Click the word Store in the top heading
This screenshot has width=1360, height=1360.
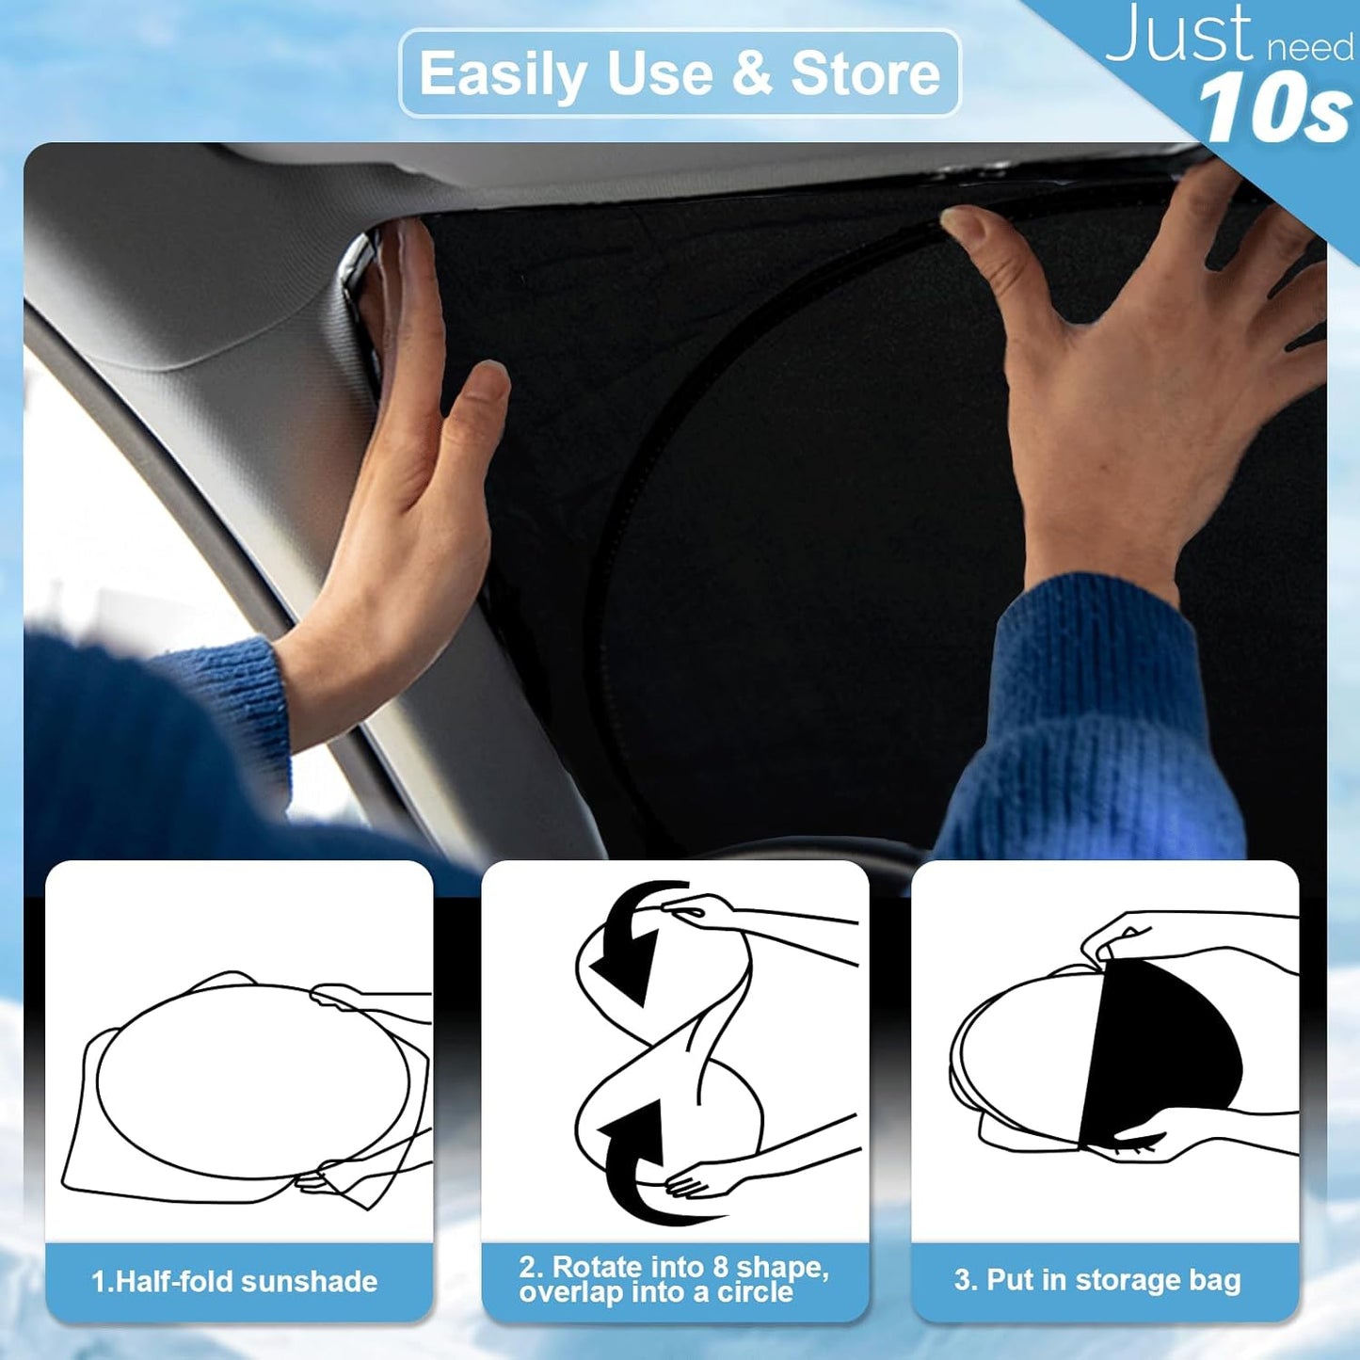click(x=865, y=74)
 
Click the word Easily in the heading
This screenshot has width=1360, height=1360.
click(x=504, y=75)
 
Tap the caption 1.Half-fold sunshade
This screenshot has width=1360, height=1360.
click(x=234, y=1281)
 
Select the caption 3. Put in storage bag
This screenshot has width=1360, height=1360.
click(x=1097, y=1280)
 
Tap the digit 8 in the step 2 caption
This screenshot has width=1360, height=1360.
click(x=720, y=1267)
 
